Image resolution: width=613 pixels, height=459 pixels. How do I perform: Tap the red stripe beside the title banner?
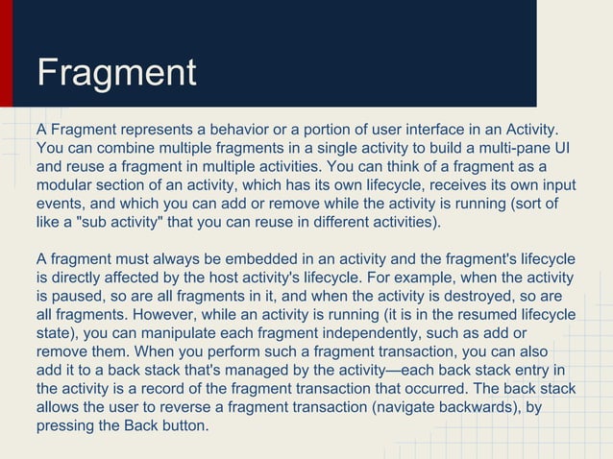(x=7, y=53)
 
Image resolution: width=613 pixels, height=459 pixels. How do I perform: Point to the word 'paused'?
(x=85, y=297)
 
